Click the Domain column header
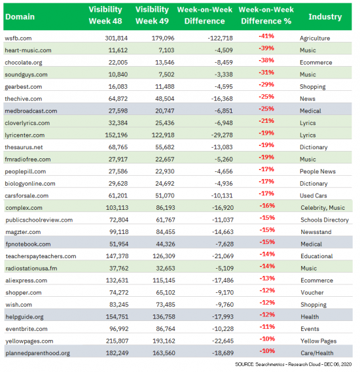tap(22, 16)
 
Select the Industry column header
tap(325, 16)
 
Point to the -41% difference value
tap(266, 37)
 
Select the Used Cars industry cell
tap(317, 195)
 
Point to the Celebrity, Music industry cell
tap(327, 207)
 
